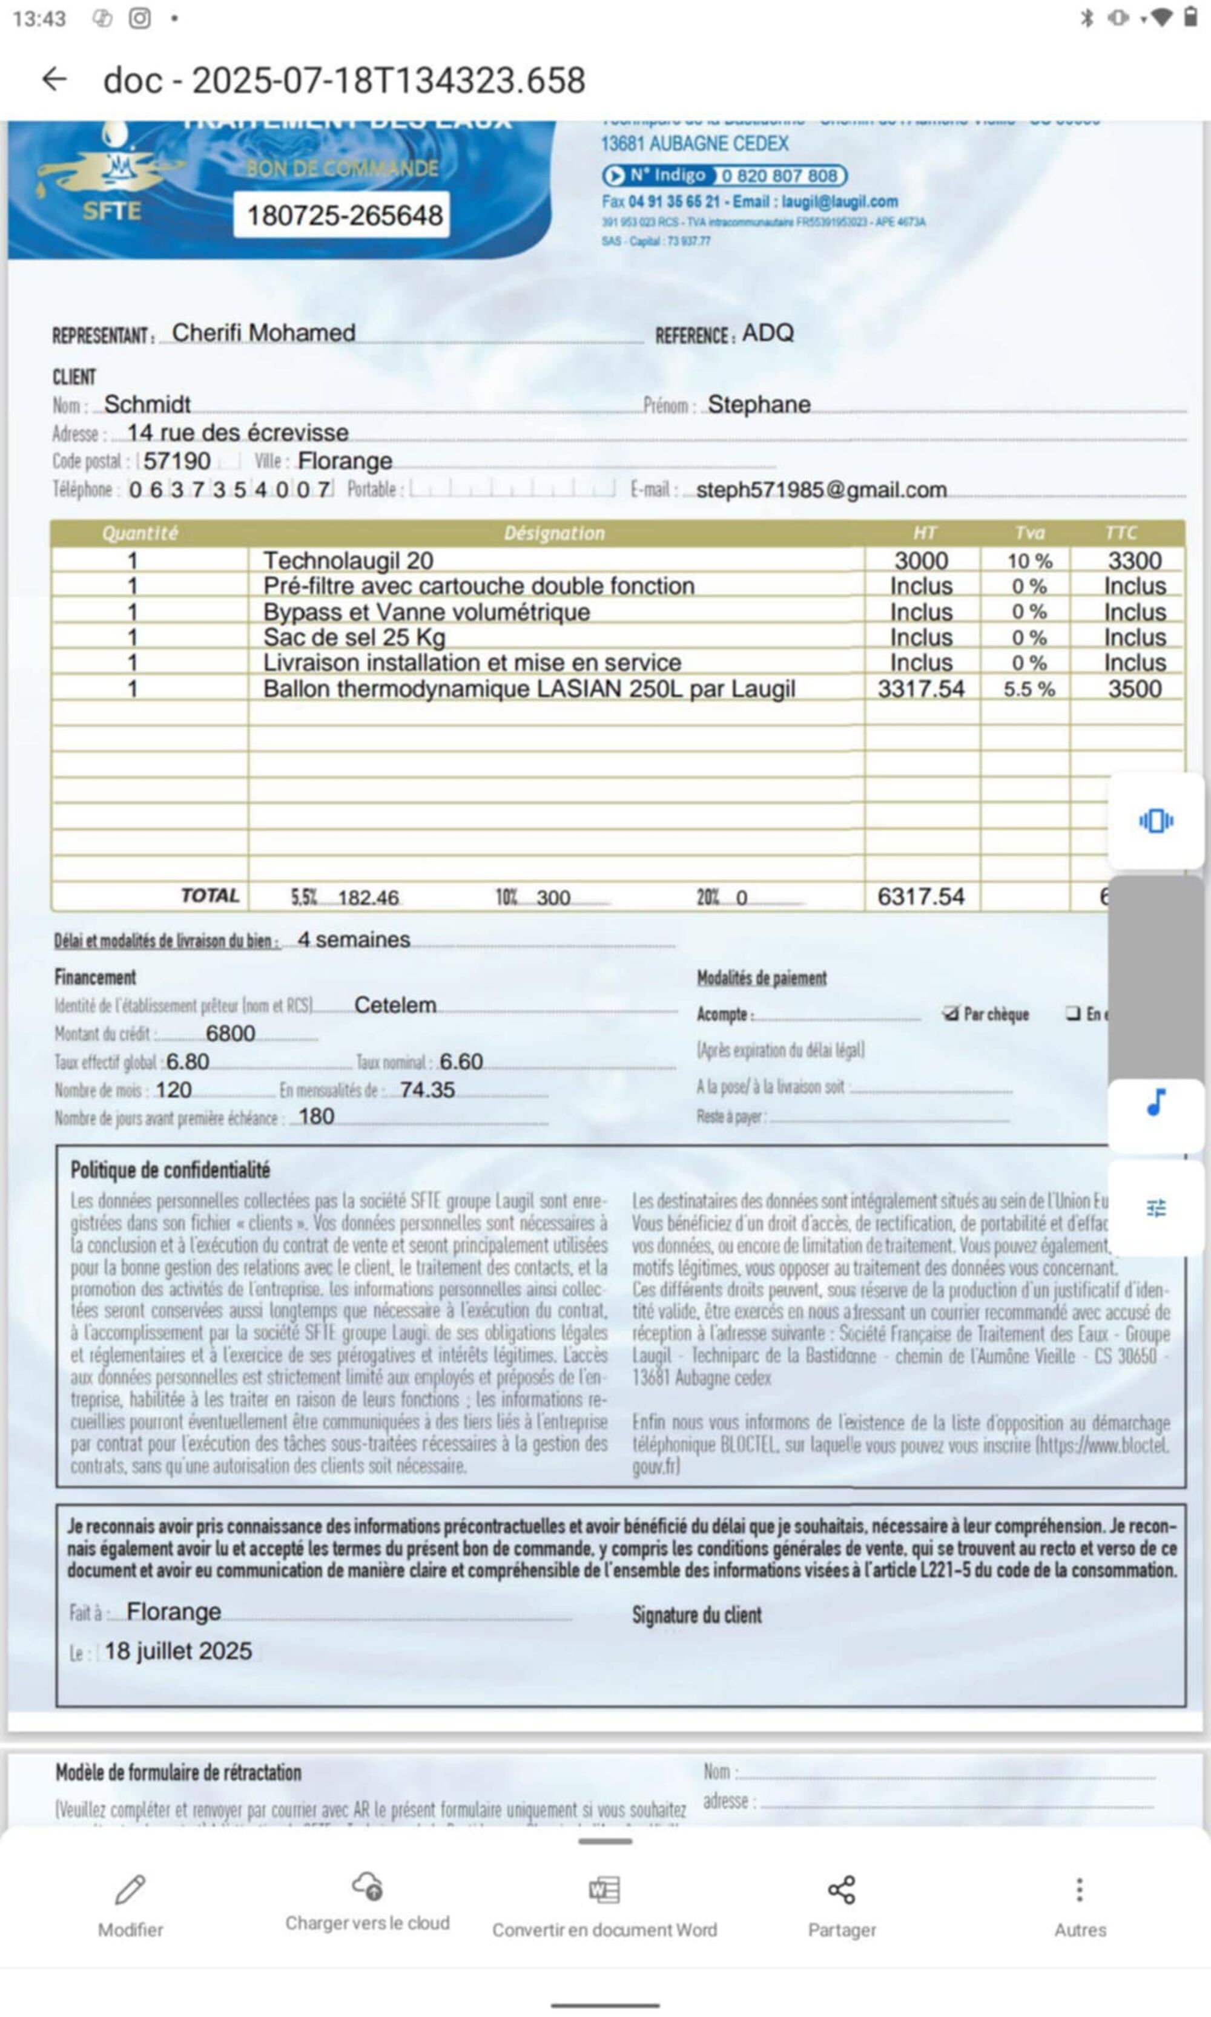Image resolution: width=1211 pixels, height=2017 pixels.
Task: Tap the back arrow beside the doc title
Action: point(54,79)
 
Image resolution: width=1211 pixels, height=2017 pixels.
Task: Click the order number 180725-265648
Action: point(345,215)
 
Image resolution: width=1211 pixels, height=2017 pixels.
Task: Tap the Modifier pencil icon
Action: point(131,1888)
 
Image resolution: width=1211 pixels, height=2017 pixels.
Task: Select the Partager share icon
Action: point(841,1889)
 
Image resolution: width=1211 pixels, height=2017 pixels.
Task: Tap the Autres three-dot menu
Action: point(1080,1889)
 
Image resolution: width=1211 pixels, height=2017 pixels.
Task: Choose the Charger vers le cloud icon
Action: point(367,1885)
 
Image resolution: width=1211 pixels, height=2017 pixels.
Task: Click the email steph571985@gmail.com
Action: point(821,490)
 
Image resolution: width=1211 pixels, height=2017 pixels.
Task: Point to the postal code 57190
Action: point(177,461)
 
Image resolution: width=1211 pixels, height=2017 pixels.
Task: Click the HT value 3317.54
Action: point(920,689)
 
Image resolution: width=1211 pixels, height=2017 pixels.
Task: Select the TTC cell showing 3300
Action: point(1134,560)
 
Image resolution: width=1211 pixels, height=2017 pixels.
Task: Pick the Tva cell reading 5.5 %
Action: point(1028,689)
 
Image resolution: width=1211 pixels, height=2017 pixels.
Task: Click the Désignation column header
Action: point(554,533)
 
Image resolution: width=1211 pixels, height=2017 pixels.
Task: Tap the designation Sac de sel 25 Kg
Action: point(354,637)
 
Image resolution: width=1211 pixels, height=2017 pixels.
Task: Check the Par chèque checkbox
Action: point(950,1014)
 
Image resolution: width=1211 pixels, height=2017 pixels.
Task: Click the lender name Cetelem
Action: point(395,1005)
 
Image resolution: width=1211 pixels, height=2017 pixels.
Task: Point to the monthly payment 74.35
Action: point(427,1090)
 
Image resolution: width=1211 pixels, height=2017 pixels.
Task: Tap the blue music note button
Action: point(1155,1103)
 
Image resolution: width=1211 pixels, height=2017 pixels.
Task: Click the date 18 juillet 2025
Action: point(178,1651)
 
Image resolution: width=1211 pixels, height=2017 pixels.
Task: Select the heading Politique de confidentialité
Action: point(170,1170)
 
